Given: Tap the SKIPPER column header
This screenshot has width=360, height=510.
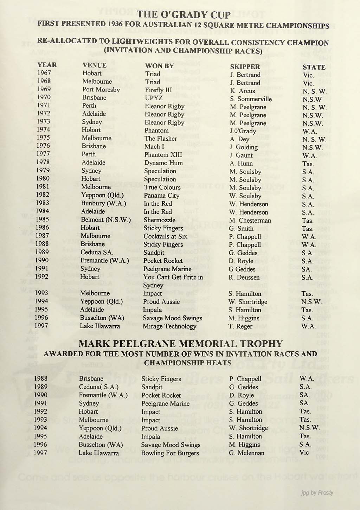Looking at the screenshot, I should coord(245,66).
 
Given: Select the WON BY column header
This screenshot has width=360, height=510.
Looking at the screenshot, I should coord(159,66).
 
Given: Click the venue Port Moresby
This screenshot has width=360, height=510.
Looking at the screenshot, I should coord(101,89).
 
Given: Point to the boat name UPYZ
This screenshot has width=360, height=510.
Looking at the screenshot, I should coord(154,98).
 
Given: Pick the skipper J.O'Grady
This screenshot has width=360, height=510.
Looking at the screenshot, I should coord(243,131).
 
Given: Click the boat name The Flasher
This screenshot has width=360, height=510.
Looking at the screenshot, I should coord(161,139).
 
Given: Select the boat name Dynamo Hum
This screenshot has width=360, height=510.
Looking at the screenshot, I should coord(163,163).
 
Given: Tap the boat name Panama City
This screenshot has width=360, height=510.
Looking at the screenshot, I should coord(161,196).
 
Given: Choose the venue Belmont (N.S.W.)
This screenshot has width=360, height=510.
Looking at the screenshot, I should coord(106,220).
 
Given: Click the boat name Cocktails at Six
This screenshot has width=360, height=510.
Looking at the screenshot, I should coord(165,236).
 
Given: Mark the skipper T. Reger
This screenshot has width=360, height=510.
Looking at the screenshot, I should coord(240,326).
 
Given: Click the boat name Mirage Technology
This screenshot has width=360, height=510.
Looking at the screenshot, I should coord(169,326).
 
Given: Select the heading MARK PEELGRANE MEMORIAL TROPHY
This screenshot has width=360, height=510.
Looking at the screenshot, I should coord(180,344).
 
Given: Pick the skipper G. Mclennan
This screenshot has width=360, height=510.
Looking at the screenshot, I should coord(246,453).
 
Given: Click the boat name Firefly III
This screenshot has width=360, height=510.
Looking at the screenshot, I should coord(159,90).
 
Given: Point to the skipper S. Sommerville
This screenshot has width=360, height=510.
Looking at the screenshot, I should coord(251,99).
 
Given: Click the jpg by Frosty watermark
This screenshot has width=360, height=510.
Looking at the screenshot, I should coord(317,493).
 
